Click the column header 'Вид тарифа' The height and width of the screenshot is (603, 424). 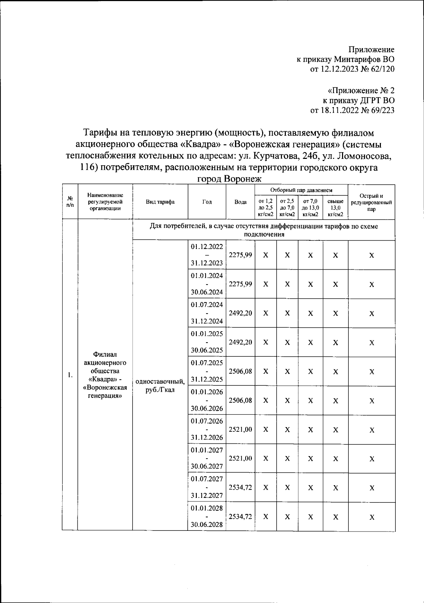click(160, 202)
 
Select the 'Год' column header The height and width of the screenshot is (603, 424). click(207, 202)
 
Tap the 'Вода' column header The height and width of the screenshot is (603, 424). click(240, 202)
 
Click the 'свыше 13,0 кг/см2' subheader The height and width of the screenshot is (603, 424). click(335, 208)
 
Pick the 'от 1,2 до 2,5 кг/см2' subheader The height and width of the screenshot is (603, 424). click(266, 208)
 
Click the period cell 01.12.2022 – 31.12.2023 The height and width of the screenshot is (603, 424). click(207, 255)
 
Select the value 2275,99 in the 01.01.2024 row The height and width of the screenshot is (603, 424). click(240, 284)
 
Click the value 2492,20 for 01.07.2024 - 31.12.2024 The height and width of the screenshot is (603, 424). click(240, 313)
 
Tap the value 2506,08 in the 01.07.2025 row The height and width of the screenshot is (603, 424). click(240, 371)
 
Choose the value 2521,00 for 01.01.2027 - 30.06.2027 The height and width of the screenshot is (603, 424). click(240, 458)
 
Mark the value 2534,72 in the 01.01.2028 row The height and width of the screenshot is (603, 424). click(240, 516)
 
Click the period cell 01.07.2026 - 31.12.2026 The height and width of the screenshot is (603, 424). click(207, 429)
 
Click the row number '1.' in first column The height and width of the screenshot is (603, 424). click(70, 375)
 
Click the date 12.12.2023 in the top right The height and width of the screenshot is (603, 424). click(340, 69)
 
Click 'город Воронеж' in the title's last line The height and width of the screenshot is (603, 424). click(229, 179)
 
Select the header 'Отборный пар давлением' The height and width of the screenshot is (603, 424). click(301, 190)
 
